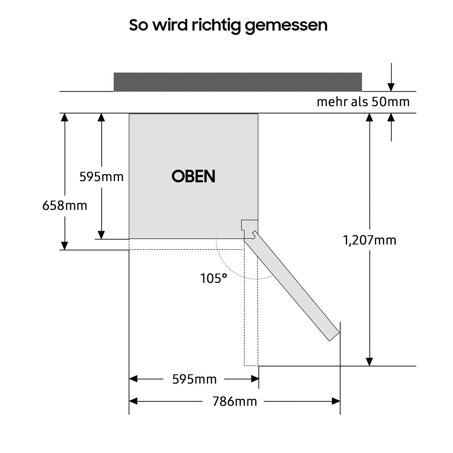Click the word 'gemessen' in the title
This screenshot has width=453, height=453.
pyautogui.click(x=286, y=25)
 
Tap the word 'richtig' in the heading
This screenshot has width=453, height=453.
pyautogui.click(x=216, y=25)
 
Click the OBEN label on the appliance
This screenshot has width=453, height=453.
pyautogui.click(x=193, y=176)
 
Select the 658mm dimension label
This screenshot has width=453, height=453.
pyautogui.click(x=65, y=205)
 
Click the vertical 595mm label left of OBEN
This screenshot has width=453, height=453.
pyautogui.click(x=102, y=177)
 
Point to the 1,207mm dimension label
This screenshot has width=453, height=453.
pyautogui.click(x=370, y=240)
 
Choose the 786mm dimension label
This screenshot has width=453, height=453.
pyautogui.click(x=235, y=402)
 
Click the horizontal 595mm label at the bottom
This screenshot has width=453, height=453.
pyautogui.click(x=194, y=379)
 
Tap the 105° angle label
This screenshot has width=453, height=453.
pyautogui.click(x=214, y=279)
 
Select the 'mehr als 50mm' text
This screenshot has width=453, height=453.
pyautogui.click(x=363, y=102)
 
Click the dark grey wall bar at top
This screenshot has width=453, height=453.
pyautogui.click(x=238, y=82)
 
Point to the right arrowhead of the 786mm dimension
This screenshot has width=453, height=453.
pyautogui.click(x=336, y=402)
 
